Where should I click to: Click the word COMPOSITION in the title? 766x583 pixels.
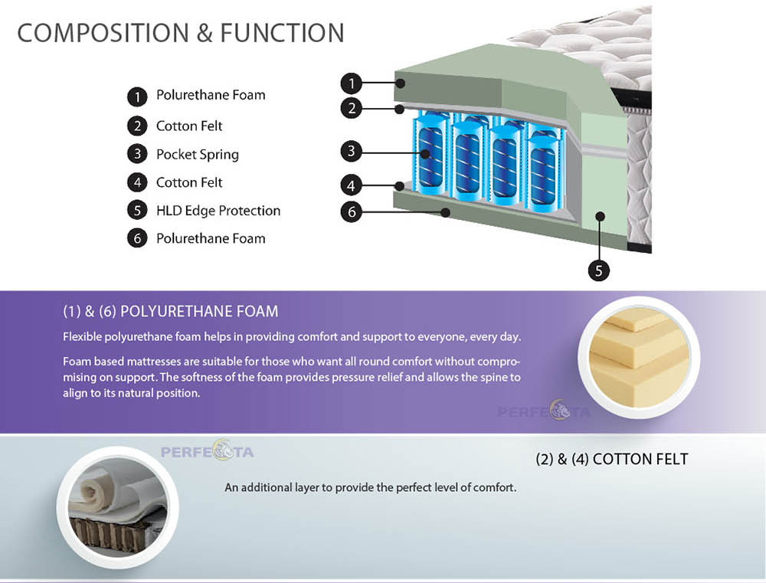tap(103, 33)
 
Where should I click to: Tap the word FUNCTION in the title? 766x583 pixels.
tap(283, 33)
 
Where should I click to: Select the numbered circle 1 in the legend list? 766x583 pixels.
tap(137, 97)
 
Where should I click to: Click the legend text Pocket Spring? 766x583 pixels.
tap(198, 155)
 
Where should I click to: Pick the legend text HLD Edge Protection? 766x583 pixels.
tap(218, 211)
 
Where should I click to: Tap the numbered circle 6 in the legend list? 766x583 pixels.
tap(137, 238)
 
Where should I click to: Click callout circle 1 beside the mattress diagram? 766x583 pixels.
tap(352, 84)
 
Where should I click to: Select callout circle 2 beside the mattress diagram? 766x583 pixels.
tap(352, 108)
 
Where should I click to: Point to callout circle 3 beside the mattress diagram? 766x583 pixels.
tap(352, 151)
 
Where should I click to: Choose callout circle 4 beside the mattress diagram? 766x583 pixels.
tap(352, 185)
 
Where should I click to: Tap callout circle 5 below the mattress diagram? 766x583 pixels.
tap(598, 270)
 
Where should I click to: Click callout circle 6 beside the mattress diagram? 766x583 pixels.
tap(352, 211)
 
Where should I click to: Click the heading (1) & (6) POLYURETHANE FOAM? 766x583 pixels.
tap(171, 311)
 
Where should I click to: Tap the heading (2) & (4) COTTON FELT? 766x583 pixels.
tap(611, 460)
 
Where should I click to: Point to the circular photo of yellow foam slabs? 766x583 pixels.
tap(639, 358)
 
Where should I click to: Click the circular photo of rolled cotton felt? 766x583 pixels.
tap(118, 507)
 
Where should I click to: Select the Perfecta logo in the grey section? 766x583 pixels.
tap(207, 450)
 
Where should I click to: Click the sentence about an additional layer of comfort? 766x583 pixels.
tap(370, 488)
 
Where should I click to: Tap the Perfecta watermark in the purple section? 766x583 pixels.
tap(544, 411)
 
